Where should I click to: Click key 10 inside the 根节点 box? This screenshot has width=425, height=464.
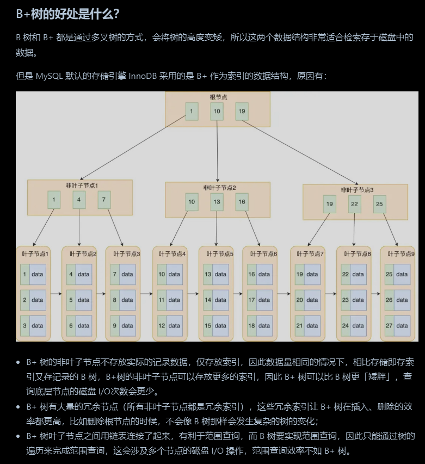pos(217,112)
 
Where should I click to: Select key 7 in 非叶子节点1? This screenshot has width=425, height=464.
pos(104,200)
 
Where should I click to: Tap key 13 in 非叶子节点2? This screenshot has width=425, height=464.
pos(217,202)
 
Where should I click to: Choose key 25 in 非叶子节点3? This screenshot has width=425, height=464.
pos(380,204)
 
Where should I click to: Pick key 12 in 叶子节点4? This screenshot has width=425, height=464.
pos(162,326)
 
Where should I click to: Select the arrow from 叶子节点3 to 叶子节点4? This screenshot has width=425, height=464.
pos(146,294)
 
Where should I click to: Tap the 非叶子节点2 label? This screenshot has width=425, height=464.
pos(219,188)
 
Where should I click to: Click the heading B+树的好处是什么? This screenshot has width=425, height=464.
pos(67,14)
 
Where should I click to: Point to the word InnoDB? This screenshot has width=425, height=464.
pos(145,76)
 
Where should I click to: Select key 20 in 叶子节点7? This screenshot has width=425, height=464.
pos(300,300)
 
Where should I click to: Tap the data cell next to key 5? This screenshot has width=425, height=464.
pos(83,300)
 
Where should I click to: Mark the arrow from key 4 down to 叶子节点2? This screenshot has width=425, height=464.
pos(79,226)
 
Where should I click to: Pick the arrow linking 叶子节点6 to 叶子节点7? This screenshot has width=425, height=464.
pos(284,294)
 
